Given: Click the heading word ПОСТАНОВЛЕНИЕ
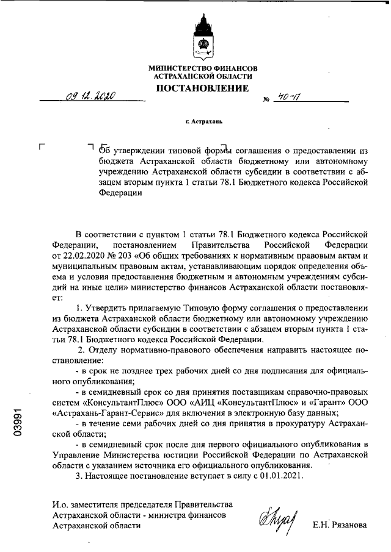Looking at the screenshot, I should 203,88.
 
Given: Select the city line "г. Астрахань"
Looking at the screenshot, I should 203,121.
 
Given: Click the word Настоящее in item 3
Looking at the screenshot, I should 106,476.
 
